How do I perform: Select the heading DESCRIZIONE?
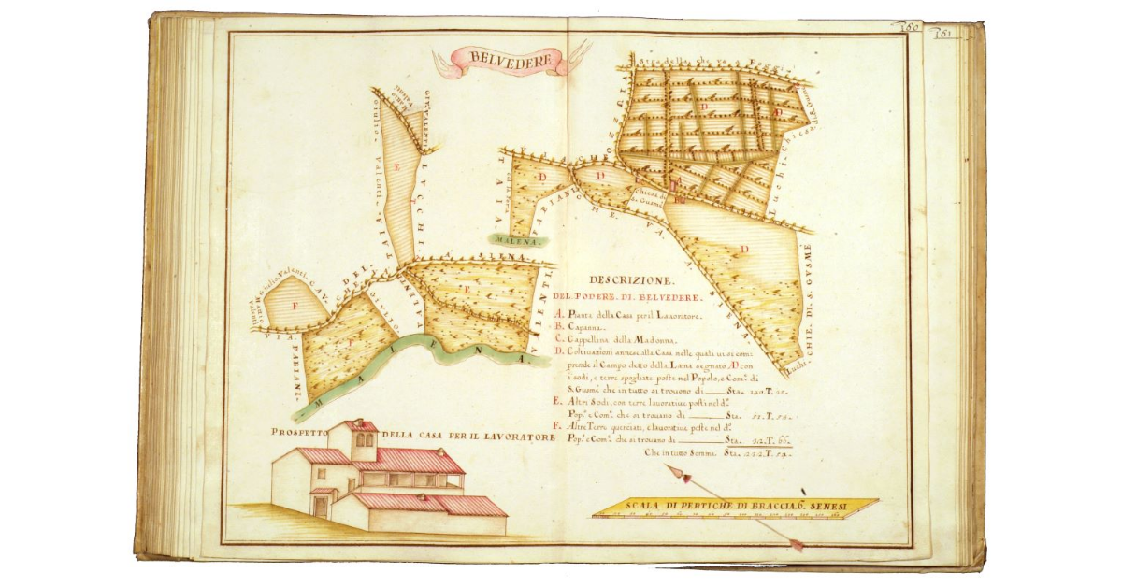[626, 279]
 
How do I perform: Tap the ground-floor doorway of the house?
[322, 507]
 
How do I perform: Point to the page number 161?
[943, 31]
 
